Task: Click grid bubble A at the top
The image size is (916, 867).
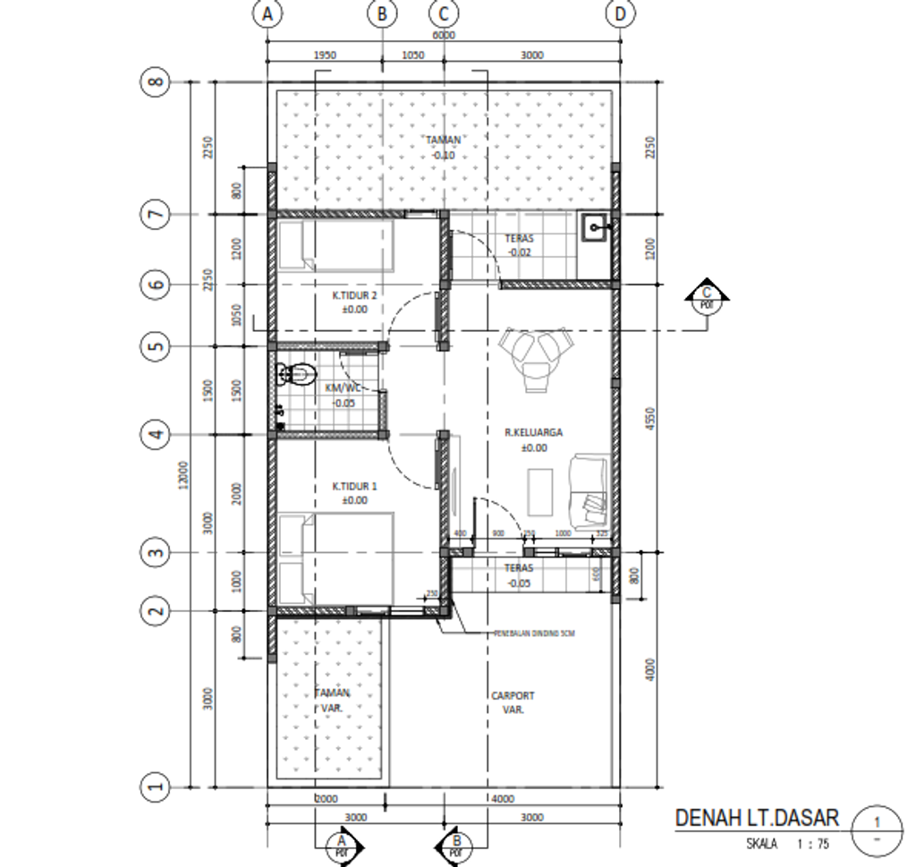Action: point(266,14)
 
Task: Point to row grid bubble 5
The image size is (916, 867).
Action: point(155,346)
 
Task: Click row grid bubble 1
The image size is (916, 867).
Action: point(155,786)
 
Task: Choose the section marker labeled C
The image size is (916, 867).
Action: point(708,296)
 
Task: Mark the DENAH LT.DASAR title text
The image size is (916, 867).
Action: point(757,818)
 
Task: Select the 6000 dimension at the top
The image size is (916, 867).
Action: point(443,35)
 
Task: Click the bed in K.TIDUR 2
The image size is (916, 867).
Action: point(335,246)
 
